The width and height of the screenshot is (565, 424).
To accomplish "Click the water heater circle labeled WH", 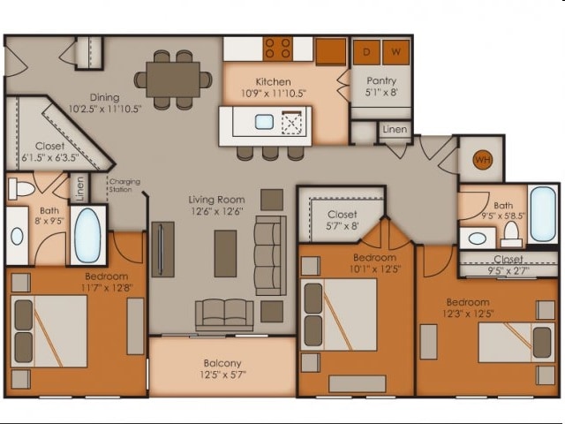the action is click(x=483, y=160).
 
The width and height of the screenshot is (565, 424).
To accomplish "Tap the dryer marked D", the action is click(x=366, y=53).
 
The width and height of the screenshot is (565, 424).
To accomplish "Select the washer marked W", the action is click(x=396, y=53).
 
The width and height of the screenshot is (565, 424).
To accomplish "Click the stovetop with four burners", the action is click(x=278, y=49).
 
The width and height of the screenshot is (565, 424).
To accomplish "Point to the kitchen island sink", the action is click(x=264, y=122).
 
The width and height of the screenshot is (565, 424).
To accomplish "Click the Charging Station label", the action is click(x=124, y=185).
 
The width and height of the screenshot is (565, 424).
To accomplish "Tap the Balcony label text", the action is click(x=222, y=363).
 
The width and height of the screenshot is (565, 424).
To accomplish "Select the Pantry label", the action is click(x=381, y=80).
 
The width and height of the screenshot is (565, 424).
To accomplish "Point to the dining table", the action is click(x=173, y=79).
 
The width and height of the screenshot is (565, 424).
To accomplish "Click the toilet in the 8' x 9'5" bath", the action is click(x=21, y=188).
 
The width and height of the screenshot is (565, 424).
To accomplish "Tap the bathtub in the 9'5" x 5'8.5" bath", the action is click(x=543, y=214).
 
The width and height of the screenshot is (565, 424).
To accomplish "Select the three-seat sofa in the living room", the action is click(x=270, y=255).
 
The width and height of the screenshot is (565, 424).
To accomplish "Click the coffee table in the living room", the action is click(x=226, y=254).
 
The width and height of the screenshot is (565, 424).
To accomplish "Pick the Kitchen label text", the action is click(x=273, y=82).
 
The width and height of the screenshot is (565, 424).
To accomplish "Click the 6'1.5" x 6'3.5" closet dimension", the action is click(x=50, y=158).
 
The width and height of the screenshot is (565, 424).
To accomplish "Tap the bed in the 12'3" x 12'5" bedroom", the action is click(x=516, y=343).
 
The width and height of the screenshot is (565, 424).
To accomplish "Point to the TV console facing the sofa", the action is click(x=162, y=249).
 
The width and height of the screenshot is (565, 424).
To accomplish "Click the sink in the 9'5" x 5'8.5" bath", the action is click(x=478, y=238).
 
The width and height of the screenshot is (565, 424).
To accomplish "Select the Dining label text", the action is click(x=104, y=97).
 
